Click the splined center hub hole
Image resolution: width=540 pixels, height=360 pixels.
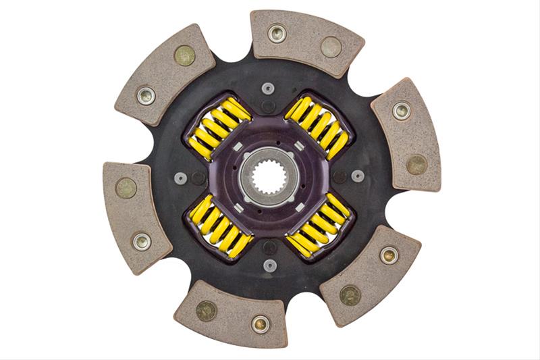click(x=269, y=178)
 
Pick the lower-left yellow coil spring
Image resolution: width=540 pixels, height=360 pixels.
click(x=219, y=226)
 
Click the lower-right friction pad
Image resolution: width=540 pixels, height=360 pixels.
click(x=369, y=275)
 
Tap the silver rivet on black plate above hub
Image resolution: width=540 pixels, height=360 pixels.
click(x=268, y=88)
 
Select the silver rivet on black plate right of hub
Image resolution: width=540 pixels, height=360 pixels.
click(x=358, y=176)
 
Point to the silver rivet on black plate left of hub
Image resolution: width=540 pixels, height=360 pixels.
click(x=180, y=178)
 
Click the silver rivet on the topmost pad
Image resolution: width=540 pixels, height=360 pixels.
click(x=277, y=33)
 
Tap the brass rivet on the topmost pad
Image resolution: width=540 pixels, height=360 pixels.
click(x=331, y=47)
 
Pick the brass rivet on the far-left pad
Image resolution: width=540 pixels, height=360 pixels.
click(x=126, y=188)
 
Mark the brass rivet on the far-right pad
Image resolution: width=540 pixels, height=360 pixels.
click(x=416, y=164)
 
